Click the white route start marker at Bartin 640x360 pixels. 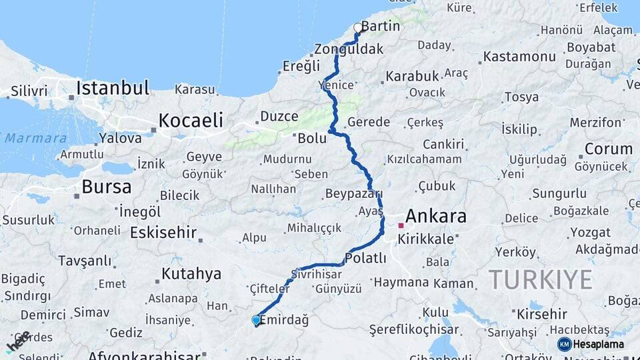click(358, 28)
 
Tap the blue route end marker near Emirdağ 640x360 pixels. click(256, 320)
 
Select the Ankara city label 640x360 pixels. click(435, 216)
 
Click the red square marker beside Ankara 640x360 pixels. click(401, 225)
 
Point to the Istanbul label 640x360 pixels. click(112, 88)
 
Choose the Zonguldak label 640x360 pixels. click(349, 49)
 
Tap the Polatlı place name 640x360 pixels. click(366, 258)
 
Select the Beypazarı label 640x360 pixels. click(354, 194)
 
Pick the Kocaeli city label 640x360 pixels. click(190, 120)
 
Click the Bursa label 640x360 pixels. click(107, 185)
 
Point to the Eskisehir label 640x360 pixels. click(163, 232)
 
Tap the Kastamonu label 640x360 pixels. click(519, 56)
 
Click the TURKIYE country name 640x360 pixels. click(540, 279)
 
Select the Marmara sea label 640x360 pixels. click(35, 139)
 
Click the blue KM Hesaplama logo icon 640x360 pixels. click(564, 344)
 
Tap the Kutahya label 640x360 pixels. click(191, 273)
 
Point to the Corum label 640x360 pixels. click(608, 148)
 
